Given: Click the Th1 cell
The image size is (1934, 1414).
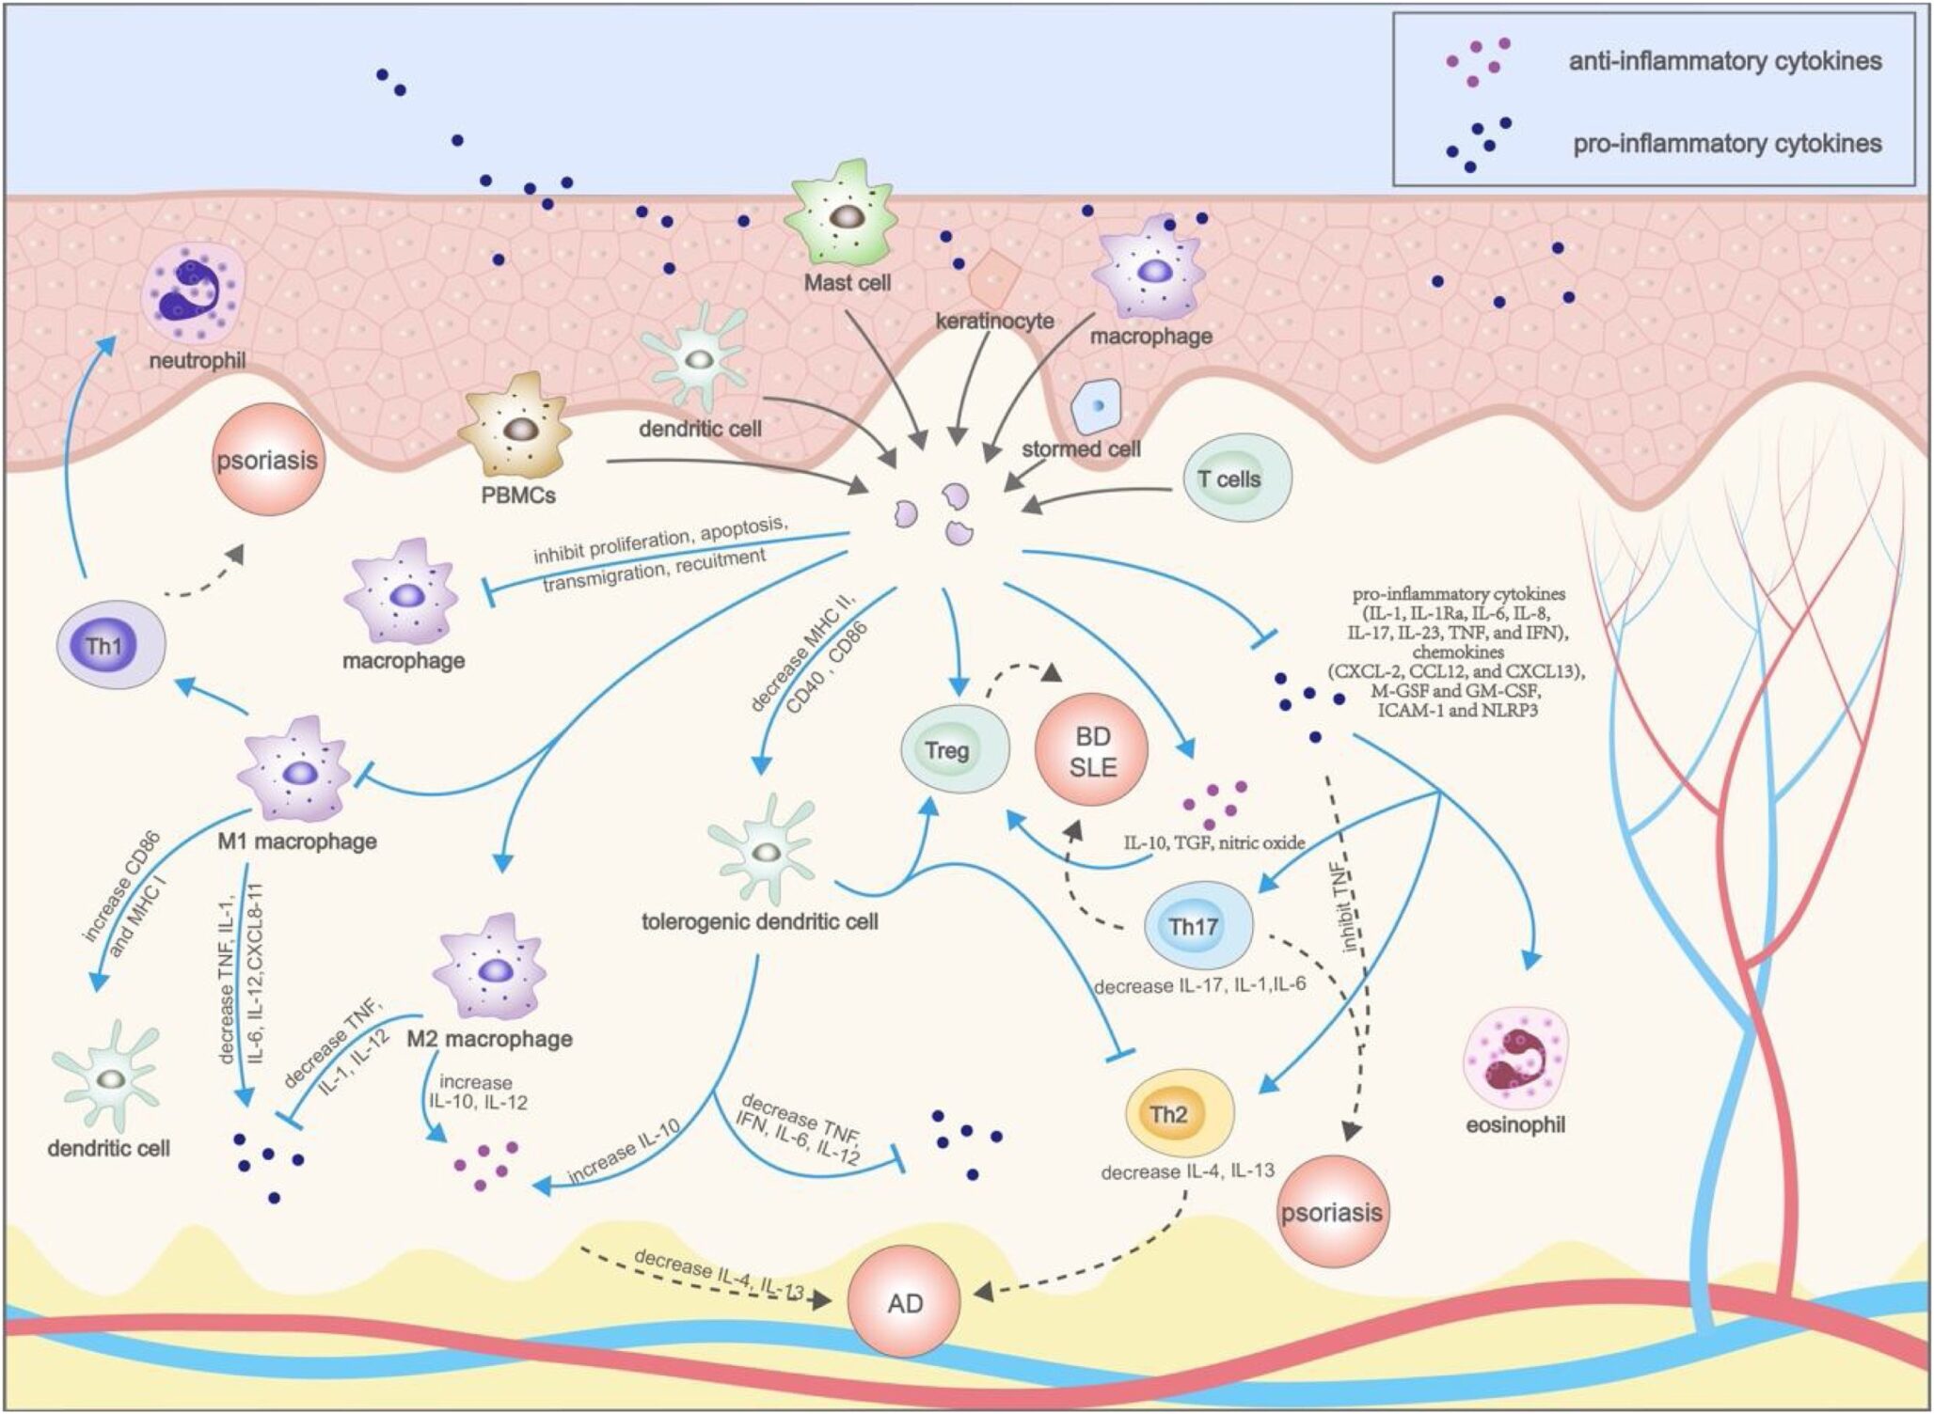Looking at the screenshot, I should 110,646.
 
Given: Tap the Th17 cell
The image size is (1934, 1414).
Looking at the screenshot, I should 1197,926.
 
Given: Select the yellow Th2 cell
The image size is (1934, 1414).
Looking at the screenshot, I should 1179,1114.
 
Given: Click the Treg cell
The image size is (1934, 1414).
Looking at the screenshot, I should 954,749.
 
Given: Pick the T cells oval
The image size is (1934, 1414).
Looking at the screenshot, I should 1235,479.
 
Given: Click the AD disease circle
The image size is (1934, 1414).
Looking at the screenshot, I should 904,1302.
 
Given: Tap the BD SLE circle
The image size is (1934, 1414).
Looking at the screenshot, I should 1092,751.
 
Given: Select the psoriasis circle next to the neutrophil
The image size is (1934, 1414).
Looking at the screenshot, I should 268,460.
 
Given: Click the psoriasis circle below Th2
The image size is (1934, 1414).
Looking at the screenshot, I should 1331,1212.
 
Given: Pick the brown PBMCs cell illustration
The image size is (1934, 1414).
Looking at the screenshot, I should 515,428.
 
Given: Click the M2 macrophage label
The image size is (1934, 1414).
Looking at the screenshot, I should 489,1039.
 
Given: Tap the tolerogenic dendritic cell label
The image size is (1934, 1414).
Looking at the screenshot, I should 759,921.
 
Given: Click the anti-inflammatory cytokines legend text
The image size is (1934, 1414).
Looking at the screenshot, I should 1724,62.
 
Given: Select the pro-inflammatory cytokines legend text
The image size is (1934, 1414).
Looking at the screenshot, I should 1726,144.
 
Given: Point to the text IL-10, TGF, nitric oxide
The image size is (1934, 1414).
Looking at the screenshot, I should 1213,843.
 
